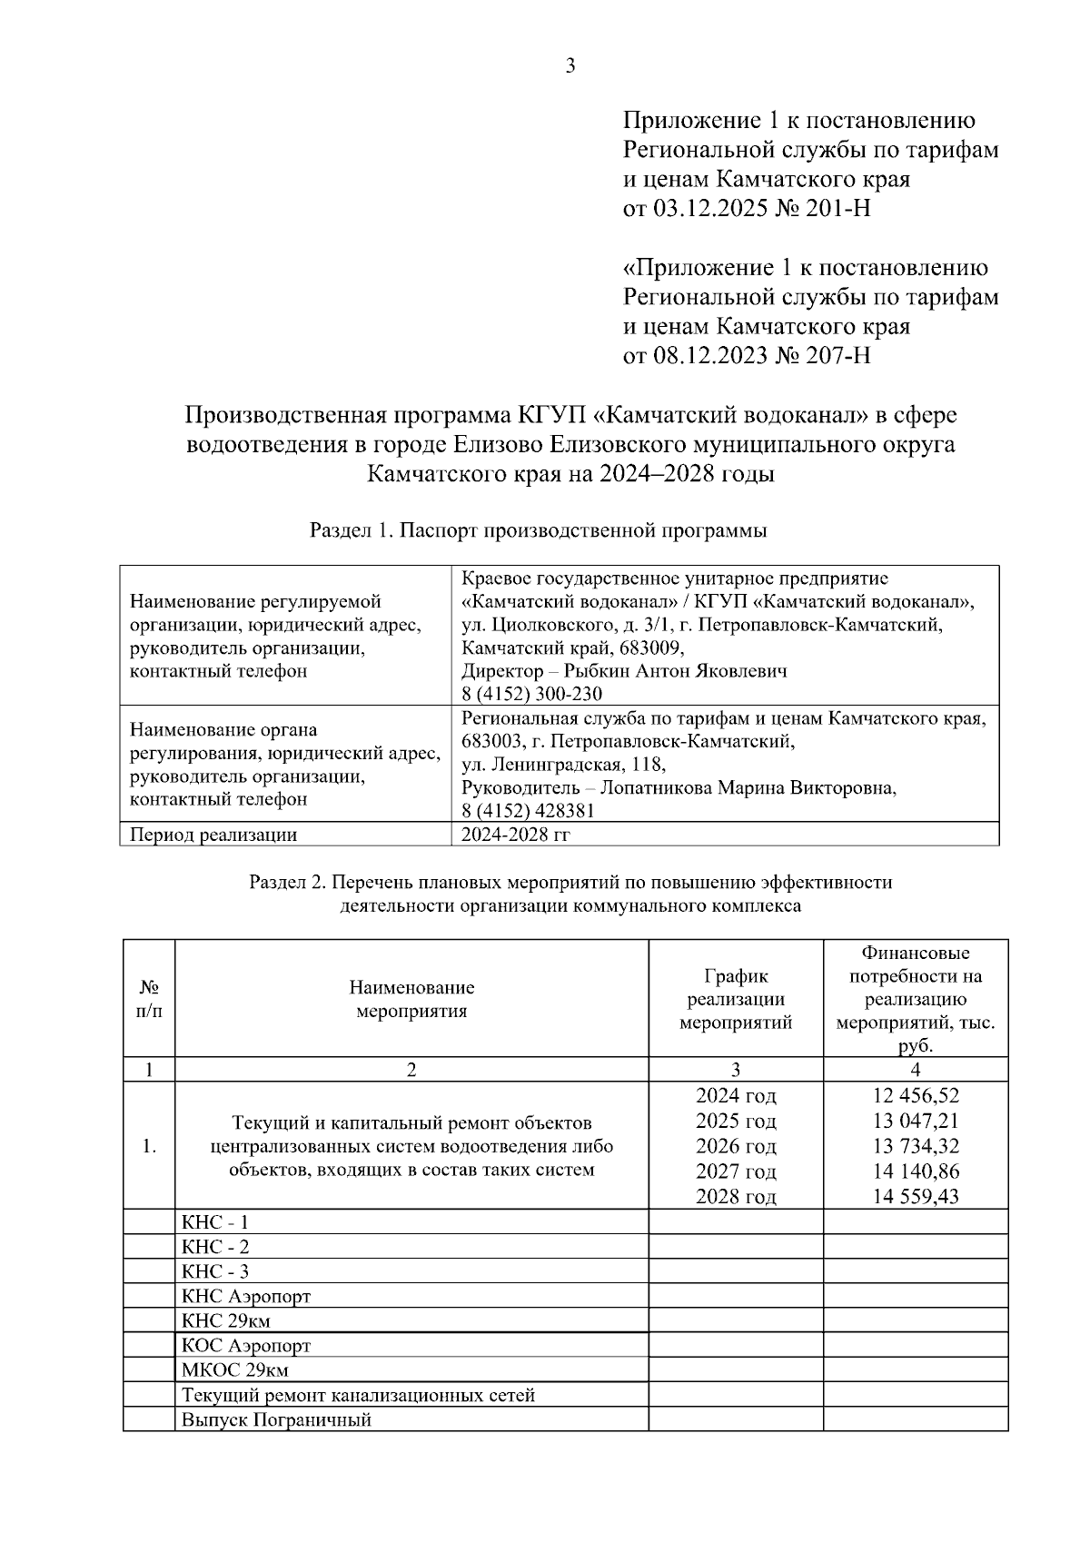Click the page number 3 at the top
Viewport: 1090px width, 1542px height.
click(570, 66)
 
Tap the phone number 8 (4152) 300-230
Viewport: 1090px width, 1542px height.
click(531, 694)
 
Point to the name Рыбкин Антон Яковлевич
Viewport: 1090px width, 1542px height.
click(675, 671)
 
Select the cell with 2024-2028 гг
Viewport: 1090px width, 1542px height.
click(515, 835)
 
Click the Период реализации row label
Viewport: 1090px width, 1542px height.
click(213, 835)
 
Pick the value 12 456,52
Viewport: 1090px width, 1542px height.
click(916, 1096)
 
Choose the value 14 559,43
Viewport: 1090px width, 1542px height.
click(916, 1196)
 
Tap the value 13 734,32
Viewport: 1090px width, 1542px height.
click(916, 1146)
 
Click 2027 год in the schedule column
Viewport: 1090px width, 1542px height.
click(736, 1171)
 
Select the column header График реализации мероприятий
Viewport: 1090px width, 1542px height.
click(736, 999)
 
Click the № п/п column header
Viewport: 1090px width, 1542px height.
click(149, 999)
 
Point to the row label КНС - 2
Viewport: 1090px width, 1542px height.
click(215, 1247)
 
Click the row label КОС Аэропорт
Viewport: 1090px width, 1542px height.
click(246, 1346)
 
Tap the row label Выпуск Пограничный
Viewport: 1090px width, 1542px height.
click(276, 1420)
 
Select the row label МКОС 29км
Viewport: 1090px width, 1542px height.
click(235, 1370)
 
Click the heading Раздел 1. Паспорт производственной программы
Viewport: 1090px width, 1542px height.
click(539, 531)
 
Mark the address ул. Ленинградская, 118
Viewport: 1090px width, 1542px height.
click(563, 765)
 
